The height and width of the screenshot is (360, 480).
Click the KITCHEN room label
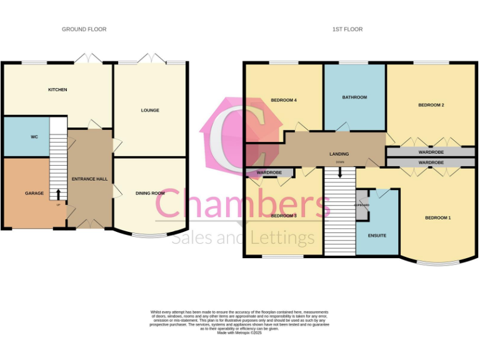click(57, 90)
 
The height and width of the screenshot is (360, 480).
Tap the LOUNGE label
click(150, 111)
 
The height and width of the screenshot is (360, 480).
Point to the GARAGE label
click(34, 194)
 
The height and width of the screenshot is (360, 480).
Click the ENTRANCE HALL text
click(89, 179)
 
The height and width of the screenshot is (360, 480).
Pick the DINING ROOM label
click(150, 194)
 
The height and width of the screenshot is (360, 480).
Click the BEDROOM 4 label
click(283, 101)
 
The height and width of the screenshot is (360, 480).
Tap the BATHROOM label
click(354, 97)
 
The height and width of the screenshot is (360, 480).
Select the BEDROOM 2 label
click(431, 105)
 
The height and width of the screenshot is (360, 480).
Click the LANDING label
click(339, 154)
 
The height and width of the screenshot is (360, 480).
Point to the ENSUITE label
click(377, 236)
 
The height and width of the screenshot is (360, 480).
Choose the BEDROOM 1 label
click(437, 217)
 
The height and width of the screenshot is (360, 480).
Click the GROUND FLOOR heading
click(84, 29)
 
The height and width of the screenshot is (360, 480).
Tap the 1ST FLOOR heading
click(348, 29)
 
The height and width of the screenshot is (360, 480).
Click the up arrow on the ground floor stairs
click(59, 194)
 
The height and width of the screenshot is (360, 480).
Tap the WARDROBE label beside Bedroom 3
click(269, 172)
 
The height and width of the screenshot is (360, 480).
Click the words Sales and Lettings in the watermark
click(243, 238)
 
